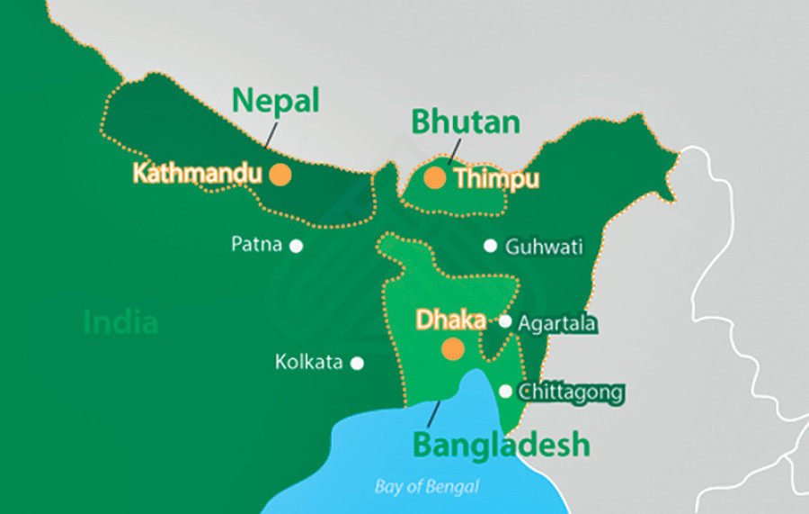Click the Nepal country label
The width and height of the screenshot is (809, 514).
coord(276,101)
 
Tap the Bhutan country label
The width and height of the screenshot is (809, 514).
coord(466,121)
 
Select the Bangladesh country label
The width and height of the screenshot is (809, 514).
coord(502,444)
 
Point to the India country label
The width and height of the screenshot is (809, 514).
coord(120,321)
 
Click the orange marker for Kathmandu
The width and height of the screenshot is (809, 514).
coord(280,174)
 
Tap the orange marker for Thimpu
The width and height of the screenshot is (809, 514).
coord(435,177)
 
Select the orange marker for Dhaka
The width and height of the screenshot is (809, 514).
coord(454,348)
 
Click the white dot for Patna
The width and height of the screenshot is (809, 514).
coord(296,245)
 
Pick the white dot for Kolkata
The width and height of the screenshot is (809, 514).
coord(357,363)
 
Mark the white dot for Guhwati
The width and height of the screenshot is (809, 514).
coord(490,246)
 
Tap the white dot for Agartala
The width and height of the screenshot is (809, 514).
coord(505,321)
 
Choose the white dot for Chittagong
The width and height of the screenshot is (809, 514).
coord(505,392)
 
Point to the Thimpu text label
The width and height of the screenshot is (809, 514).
coord(497,179)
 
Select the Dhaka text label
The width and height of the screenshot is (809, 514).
coord(450,320)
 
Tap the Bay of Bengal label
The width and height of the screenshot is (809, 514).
coord(427,487)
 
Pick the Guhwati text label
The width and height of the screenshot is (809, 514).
coord(545,247)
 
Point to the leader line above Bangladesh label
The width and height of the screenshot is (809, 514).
coord(434,413)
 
